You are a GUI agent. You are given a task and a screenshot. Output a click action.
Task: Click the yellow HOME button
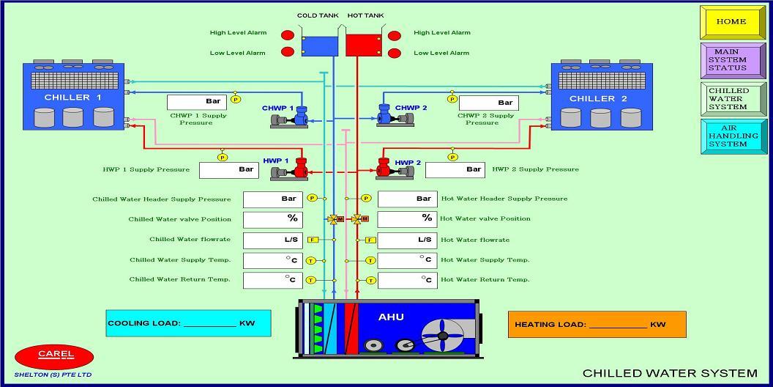click(731, 22)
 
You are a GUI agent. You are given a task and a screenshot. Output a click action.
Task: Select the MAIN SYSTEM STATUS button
click(728, 60)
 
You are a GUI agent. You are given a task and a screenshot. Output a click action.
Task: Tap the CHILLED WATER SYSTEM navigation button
click(728, 98)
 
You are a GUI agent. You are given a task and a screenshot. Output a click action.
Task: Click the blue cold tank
click(318, 45)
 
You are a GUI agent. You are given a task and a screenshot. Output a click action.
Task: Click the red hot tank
click(364, 45)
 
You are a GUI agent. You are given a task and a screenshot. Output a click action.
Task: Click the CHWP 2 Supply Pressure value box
click(488, 103)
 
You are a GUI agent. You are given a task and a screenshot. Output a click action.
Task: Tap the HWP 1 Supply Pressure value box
click(229, 170)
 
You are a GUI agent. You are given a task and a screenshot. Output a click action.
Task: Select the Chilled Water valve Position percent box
click(273, 219)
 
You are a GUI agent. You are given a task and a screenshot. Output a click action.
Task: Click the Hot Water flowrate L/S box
click(408, 240)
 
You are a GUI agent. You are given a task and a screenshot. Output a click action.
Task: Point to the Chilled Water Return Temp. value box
click(273, 280)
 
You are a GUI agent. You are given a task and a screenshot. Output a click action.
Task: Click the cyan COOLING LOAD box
click(188, 323)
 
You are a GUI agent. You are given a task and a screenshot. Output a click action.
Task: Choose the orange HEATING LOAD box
click(597, 324)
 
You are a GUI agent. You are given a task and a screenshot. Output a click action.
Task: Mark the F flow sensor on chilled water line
click(313, 240)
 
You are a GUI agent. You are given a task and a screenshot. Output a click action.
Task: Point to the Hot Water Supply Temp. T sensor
click(370, 260)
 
